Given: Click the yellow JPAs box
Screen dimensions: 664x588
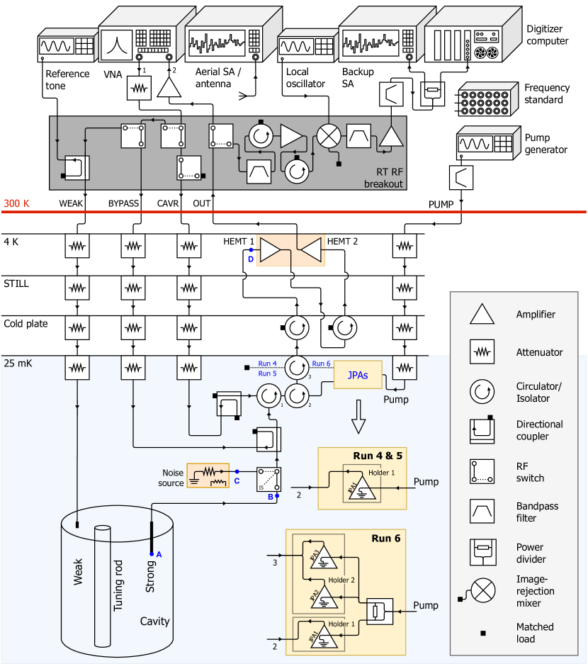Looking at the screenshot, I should [358, 375].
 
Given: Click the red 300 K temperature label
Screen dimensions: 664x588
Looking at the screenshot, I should [17, 203].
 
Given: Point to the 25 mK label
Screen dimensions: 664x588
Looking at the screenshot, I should [18, 363].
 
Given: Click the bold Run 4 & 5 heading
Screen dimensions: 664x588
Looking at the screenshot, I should [378, 456].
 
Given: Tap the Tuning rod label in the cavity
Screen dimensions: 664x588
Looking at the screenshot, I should [118, 585].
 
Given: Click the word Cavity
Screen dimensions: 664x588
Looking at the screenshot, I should [154, 621].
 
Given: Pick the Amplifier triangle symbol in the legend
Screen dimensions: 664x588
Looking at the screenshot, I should [482, 314].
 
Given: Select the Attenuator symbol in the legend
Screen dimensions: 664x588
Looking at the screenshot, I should [482, 351].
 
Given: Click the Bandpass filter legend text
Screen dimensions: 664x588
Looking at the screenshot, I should [537, 512].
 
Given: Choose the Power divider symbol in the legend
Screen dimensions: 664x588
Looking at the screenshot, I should [482, 552].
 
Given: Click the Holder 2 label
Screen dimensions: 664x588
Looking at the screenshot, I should [341, 580].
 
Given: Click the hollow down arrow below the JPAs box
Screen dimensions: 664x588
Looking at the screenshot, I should [358, 416].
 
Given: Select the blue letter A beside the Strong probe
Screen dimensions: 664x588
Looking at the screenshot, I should [159, 554].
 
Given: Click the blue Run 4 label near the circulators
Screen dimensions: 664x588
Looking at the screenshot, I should [267, 364].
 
